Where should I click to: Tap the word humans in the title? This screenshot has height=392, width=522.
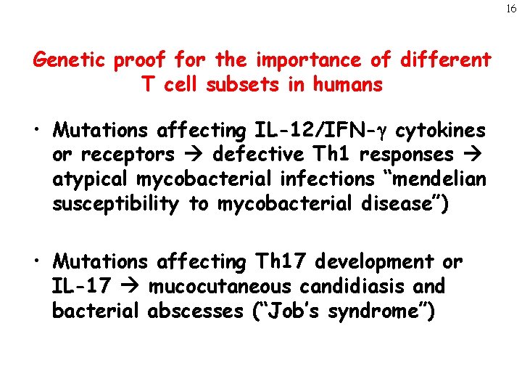click(347, 85)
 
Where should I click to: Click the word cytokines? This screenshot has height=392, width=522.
click(439, 131)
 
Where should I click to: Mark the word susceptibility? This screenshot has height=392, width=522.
click(115, 205)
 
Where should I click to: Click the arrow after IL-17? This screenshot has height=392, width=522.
click(131, 286)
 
